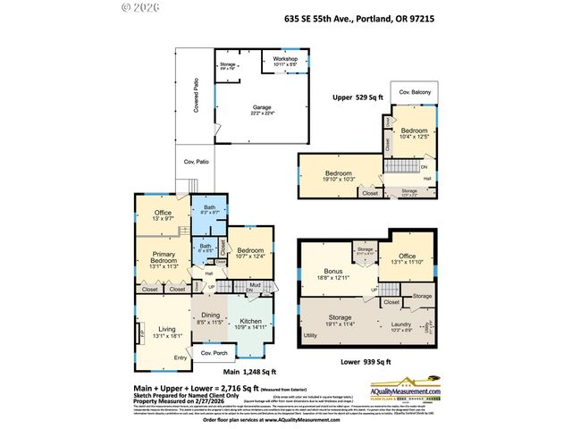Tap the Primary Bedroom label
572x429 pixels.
click(163, 261)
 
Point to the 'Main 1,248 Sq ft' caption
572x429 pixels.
click(249, 372)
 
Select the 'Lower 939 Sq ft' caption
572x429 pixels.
click(366, 361)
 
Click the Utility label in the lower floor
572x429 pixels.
click(310, 334)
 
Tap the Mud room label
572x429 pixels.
click(255, 286)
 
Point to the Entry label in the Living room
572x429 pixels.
click(181, 357)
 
